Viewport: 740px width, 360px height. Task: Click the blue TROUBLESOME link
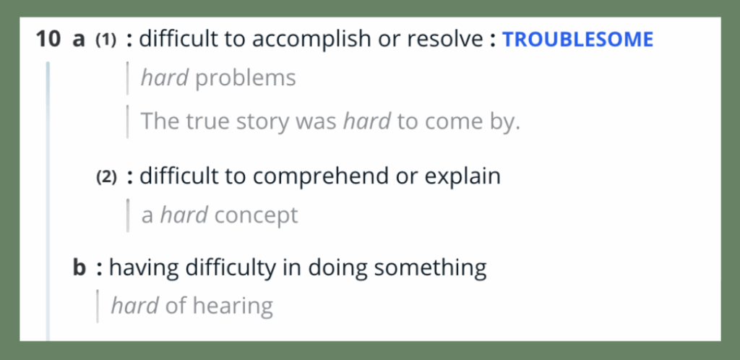[577, 40]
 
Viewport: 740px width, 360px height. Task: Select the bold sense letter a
[78, 40]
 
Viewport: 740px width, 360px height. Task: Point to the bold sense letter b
[79, 267]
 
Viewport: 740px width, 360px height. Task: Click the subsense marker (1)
[106, 40]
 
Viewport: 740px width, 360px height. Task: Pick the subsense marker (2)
[106, 177]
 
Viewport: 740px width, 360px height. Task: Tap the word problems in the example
[246, 78]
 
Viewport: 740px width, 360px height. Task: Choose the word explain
[462, 176]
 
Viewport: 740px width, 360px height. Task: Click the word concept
[256, 215]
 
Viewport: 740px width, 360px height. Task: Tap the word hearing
[233, 307]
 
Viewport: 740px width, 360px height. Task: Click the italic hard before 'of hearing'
[134, 306]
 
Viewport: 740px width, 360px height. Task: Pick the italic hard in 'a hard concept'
[184, 215]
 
